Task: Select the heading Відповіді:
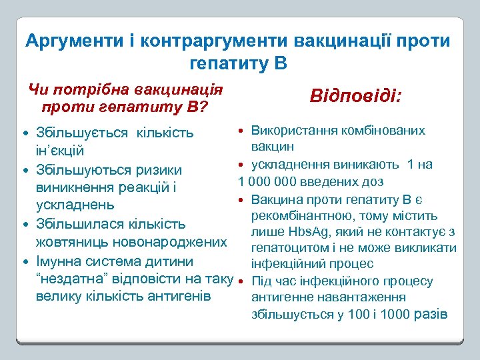(355, 96)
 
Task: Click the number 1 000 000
(265, 181)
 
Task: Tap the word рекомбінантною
(298, 215)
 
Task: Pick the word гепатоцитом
(289, 249)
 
